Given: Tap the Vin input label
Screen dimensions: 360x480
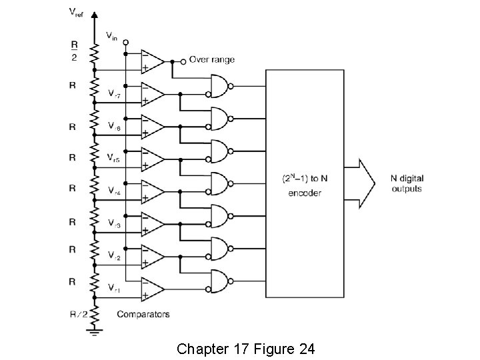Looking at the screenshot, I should point(111,37).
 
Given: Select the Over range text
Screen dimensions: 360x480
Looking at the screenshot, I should point(212,59).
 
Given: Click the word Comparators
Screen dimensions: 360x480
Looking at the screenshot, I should point(143,313).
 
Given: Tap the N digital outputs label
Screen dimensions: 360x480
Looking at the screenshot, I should point(406,183).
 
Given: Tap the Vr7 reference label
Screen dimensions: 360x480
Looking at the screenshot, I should point(115,94).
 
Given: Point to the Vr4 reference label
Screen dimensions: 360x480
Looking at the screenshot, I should point(115,190).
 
